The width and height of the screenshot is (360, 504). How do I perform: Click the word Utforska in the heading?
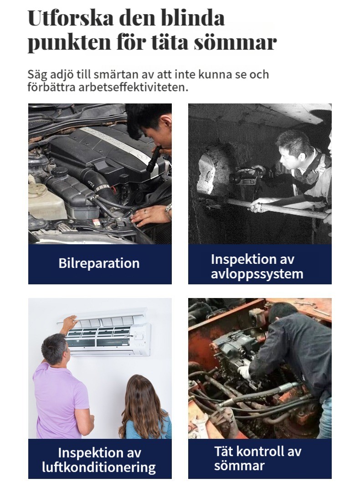71,18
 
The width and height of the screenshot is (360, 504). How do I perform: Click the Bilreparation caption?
99,263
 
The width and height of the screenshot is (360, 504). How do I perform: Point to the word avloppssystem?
257,274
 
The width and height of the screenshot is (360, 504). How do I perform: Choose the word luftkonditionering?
99,467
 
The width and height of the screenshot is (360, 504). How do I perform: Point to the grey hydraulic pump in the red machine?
233,349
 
